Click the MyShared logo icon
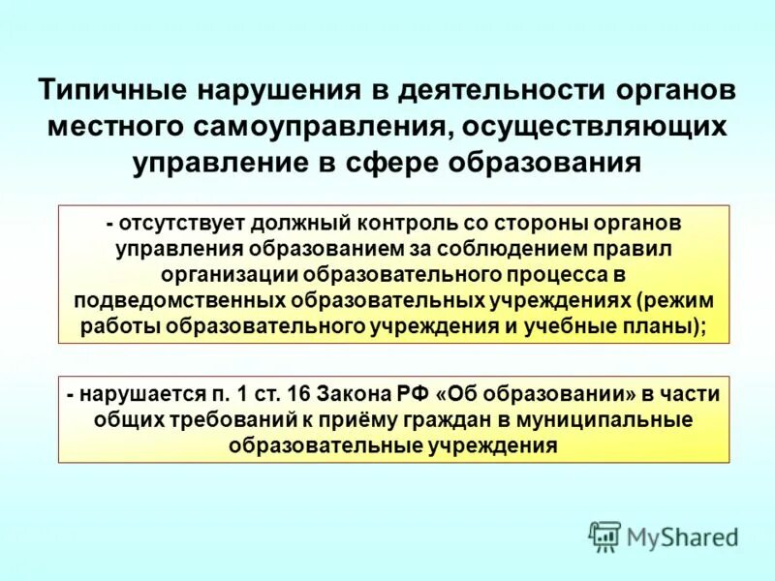(x=605, y=535)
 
